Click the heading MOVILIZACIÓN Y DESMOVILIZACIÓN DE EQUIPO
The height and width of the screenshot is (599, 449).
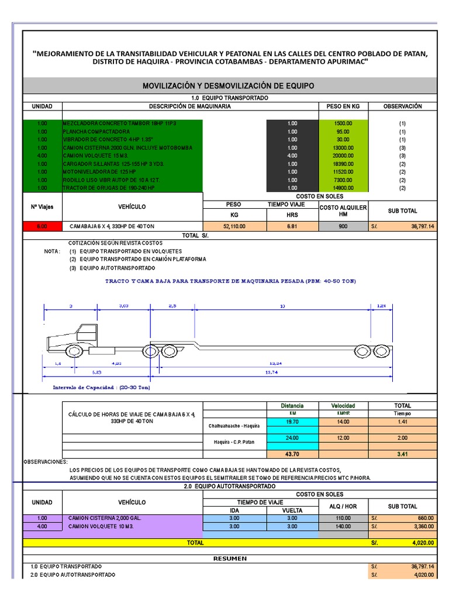(229, 85)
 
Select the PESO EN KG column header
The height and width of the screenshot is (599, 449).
(343, 106)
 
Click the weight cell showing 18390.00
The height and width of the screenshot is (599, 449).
(343, 164)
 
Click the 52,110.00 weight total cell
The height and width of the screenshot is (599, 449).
(234, 226)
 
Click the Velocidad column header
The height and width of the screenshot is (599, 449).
(343, 405)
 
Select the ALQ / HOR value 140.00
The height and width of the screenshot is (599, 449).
(343, 526)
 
